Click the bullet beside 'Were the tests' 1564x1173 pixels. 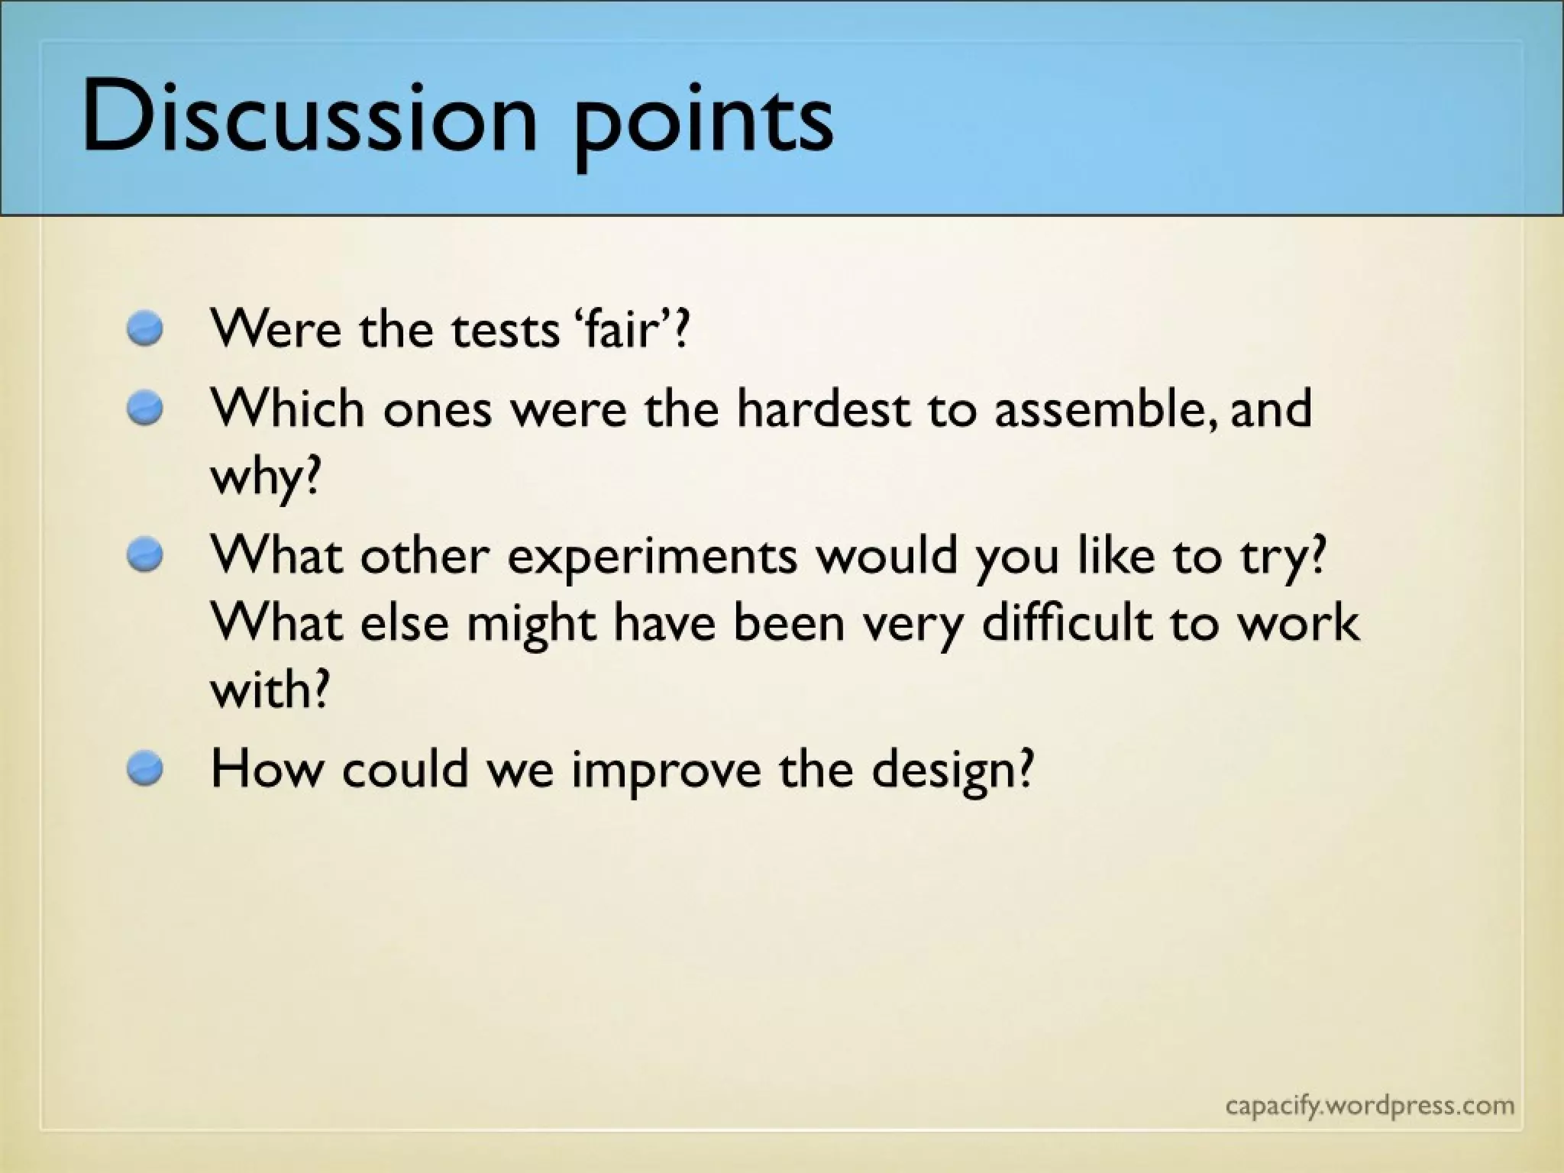[x=145, y=330]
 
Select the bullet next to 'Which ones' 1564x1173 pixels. [x=145, y=409]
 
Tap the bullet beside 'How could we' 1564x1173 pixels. [x=145, y=768]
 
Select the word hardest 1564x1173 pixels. [x=823, y=409]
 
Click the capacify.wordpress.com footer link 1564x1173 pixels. [x=1369, y=1106]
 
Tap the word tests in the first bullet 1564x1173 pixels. [x=505, y=330]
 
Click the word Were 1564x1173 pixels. [x=276, y=330]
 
